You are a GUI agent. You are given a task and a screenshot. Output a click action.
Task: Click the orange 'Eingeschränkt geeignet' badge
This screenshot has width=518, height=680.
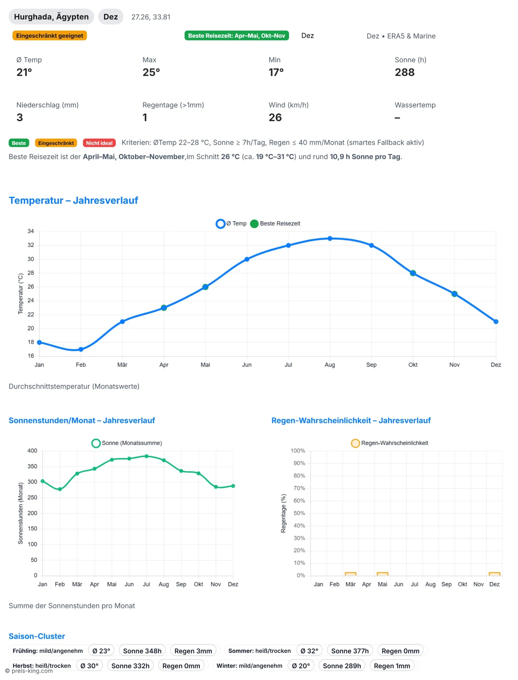[49, 36]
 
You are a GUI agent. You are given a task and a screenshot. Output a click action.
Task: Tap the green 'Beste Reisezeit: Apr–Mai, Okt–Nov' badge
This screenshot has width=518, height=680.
[237, 36]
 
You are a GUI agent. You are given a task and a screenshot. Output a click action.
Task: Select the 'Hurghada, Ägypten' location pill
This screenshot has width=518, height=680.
[51, 17]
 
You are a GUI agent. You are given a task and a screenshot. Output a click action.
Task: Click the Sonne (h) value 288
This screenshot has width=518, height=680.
[404, 72]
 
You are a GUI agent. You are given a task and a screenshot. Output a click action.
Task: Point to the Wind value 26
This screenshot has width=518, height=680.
[275, 117]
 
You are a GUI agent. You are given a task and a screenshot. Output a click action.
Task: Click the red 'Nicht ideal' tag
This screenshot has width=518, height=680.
[99, 143]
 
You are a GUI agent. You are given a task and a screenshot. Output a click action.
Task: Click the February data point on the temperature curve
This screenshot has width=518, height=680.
[81, 349]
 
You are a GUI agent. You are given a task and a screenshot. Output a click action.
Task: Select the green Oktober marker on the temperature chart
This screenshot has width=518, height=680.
[413, 273]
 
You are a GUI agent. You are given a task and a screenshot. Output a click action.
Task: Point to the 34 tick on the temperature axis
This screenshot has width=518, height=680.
[30, 231]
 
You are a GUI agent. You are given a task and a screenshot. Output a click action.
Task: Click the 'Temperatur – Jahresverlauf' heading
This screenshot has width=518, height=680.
[73, 200]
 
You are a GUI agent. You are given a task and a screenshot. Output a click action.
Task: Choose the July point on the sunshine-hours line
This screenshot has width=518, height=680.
[146, 456]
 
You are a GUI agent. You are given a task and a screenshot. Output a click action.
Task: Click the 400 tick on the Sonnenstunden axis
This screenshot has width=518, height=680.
[32, 451]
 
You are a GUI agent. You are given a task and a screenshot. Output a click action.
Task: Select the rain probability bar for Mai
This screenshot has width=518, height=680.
[382, 574]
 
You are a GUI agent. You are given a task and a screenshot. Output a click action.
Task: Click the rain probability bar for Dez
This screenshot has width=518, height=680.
[494, 574]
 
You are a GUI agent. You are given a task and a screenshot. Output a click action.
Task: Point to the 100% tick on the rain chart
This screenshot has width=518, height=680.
[298, 451]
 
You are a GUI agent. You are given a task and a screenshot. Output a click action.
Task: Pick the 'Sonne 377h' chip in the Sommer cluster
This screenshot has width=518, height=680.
[350, 651]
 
